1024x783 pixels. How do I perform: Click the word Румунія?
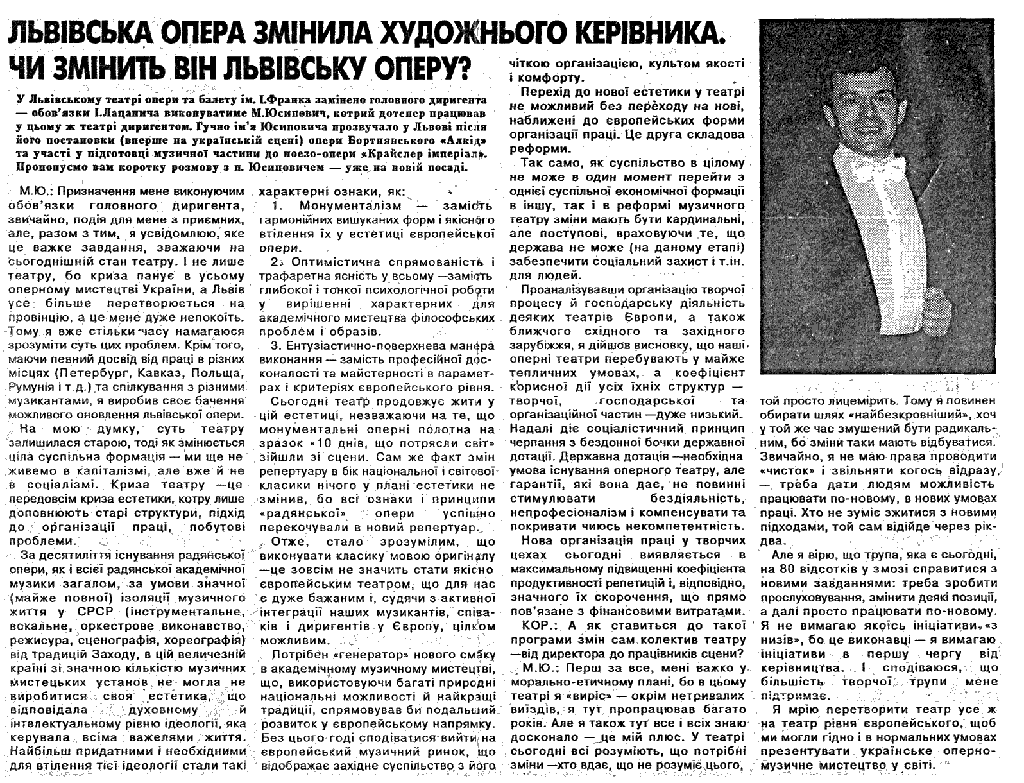[x=33, y=386]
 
